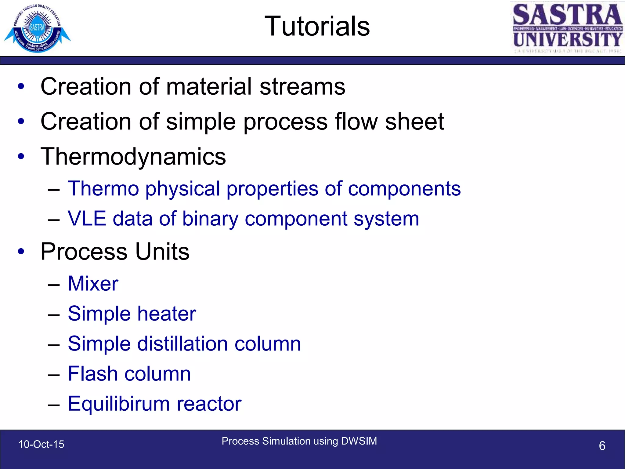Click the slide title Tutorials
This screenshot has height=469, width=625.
pyautogui.click(x=317, y=26)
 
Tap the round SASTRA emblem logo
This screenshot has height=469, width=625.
pyautogui.click(x=37, y=28)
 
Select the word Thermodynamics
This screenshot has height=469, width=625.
pyautogui.click(x=133, y=157)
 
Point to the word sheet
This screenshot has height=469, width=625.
pyautogui.click(x=414, y=122)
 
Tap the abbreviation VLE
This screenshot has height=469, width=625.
pyautogui.click(x=87, y=219)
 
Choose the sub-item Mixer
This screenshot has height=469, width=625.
pyautogui.click(x=93, y=283)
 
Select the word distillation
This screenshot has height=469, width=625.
pyautogui.click(x=182, y=344)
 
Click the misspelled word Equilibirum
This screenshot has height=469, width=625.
pyautogui.click(x=119, y=404)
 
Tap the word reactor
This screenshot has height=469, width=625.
pyautogui.click(x=209, y=404)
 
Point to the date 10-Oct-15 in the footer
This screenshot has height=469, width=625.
pyautogui.click(x=41, y=444)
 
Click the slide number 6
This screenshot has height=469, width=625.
pyautogui.click(x=602, y=446)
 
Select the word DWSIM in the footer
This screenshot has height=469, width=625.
pyautogui.click(x=359, y=441)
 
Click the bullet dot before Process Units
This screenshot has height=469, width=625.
pyautogui.click(x=21, y=252)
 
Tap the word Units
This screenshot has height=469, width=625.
pyautogui.click(x=162, y=252)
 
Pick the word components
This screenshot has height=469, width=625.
pyautogui.click(x=404, y=189)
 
